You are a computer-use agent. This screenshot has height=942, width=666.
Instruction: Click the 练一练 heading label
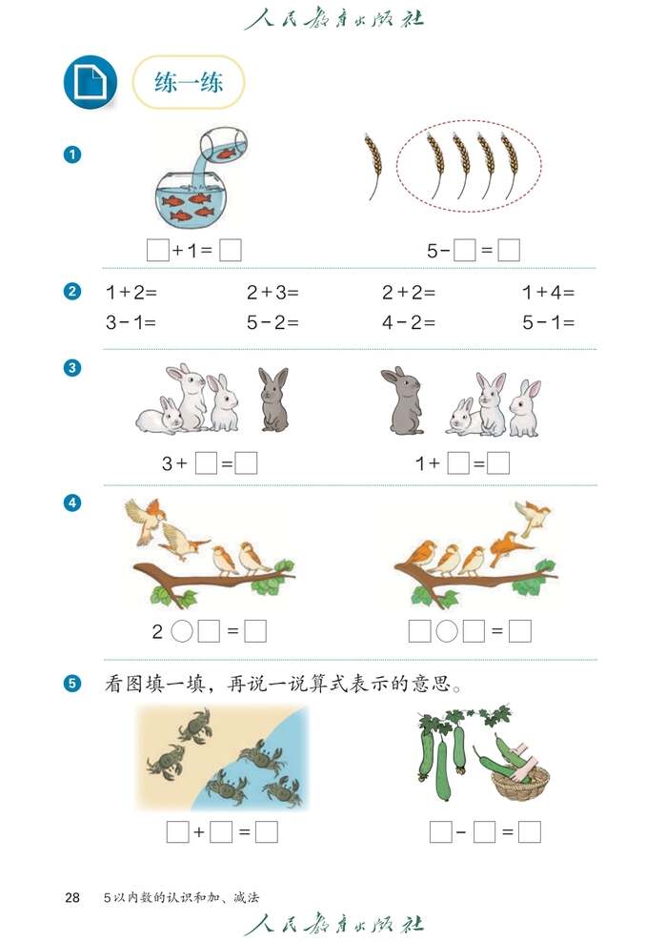(x=189, y=82)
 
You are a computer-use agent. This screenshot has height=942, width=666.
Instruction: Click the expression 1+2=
(x=131, y=293)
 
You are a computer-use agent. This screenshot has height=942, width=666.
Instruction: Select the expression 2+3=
(x=272, y=293)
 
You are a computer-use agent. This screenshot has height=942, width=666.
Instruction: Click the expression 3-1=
(x=131, y=322)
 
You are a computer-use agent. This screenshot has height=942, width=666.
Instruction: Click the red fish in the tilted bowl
(x=226, y=153)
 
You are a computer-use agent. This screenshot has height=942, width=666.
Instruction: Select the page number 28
(x=72, y=897)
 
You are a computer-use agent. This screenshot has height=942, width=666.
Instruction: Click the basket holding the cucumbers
(x=519, y=782)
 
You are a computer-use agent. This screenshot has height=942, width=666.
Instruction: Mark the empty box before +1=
(x=158, y=251)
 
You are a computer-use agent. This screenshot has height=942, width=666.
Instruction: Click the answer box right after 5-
(x=464, y=251)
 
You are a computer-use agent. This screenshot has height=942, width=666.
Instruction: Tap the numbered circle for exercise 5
(x=72, y=683)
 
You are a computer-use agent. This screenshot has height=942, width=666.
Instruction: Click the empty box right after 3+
(x=206, y=463)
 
